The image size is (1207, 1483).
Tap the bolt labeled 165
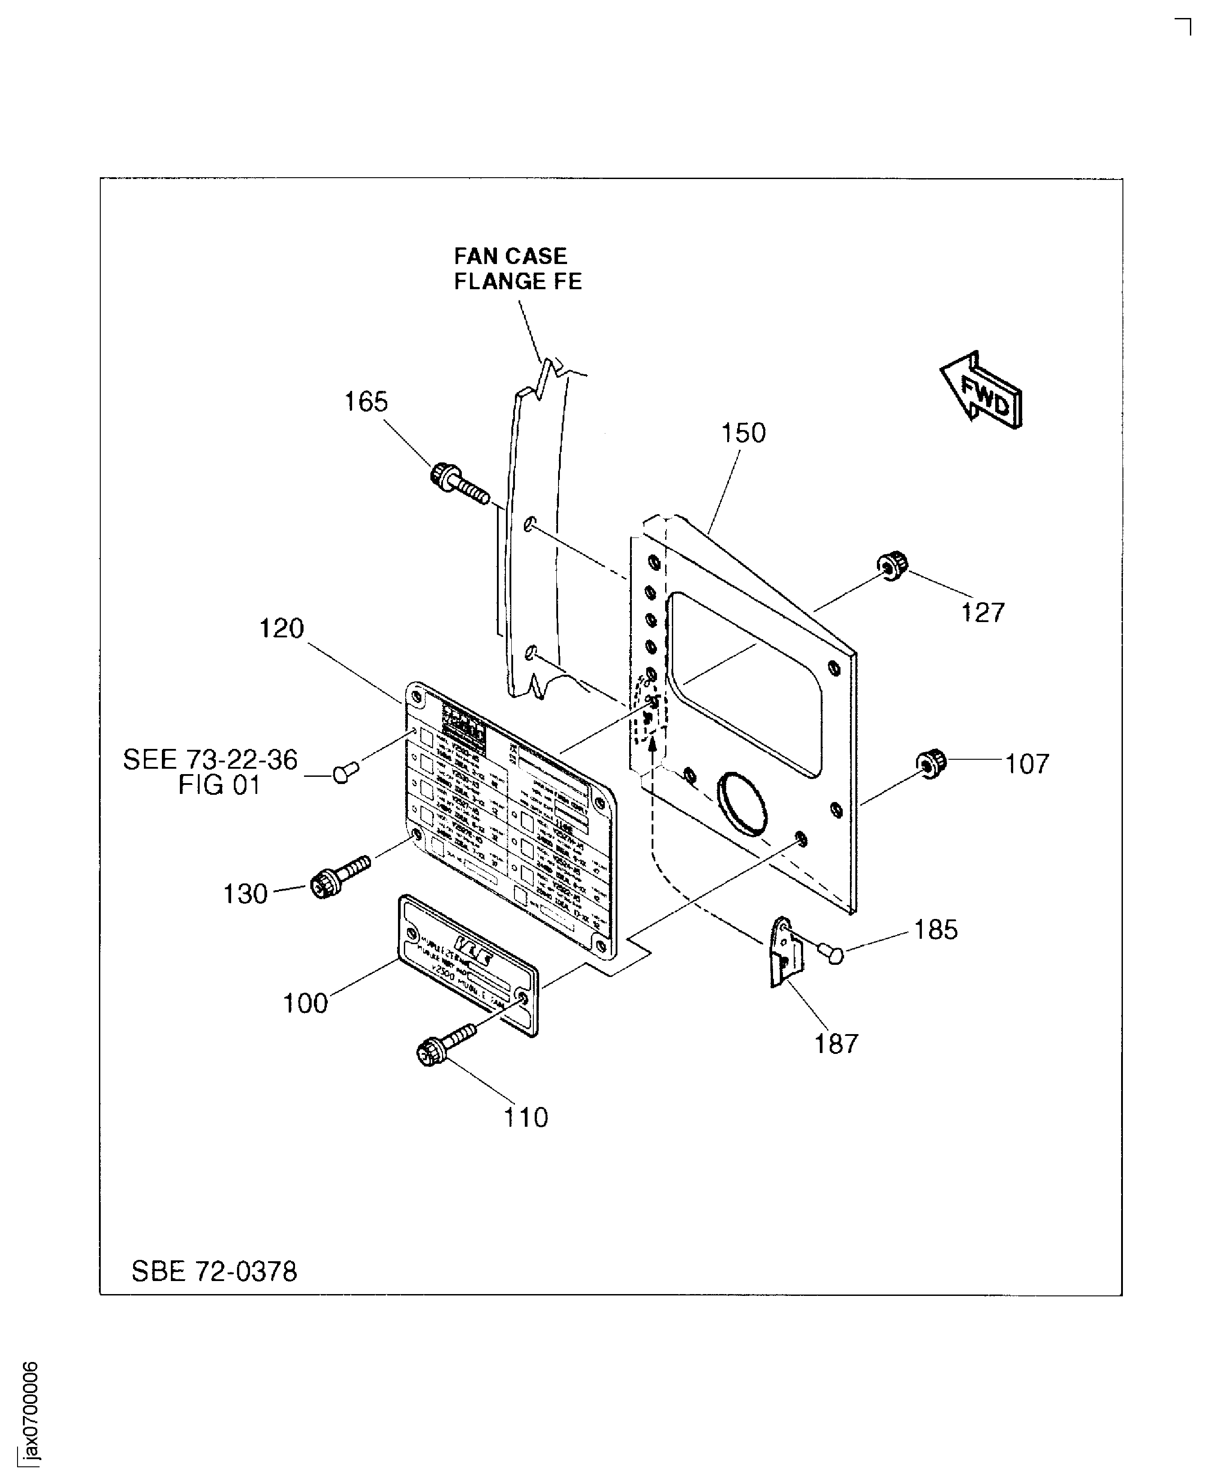pyautogui.click(x=459, y=484)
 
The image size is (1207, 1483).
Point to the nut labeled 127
pyautogui.click(x=892, y=565)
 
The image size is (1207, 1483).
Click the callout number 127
pyautogui.click(x=983, y=613)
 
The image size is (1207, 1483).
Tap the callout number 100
pyautogui.click(x=304, y=1003)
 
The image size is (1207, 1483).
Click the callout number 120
pyautogui.click(x=281, y=628)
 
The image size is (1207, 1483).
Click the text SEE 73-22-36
pyautogui.click(x=210, y=759)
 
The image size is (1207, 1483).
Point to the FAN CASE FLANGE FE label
pyautogui.click(x=517, y=269)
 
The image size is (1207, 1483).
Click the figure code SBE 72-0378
pyautogui.click(x=214, y=1272)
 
